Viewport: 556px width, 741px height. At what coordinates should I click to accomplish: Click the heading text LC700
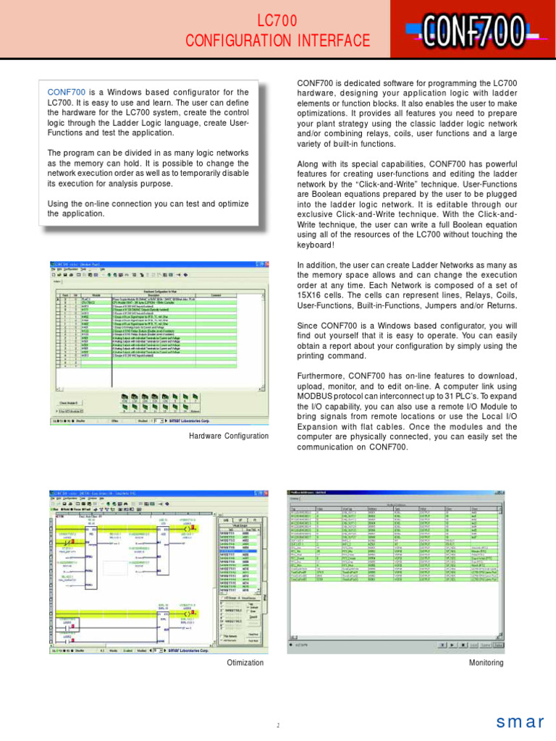pos(277,22)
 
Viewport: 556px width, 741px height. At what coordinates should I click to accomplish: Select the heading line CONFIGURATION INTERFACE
pos(277,41)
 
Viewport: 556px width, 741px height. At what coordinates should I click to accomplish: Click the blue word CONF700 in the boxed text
pos(67,93)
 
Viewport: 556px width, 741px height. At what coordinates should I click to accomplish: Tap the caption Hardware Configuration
pos(228,436)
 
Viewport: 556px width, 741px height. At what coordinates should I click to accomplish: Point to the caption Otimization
pos(245,663)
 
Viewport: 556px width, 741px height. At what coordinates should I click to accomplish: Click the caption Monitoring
pos(486,663)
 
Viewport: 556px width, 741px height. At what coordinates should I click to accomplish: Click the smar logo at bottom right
pos(520,721)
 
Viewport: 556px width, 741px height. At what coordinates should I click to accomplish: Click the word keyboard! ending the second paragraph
pos(316,245)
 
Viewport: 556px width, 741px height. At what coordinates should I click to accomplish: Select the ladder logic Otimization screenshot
pos(159,571)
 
